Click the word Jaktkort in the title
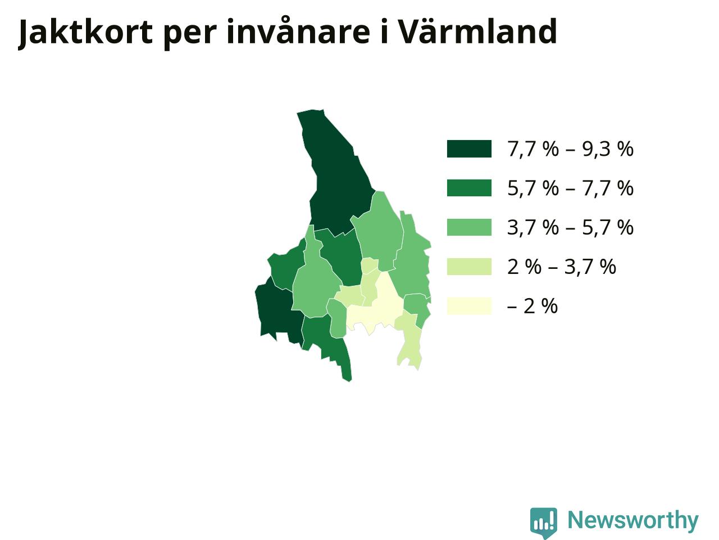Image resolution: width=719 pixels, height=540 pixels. (85, 33)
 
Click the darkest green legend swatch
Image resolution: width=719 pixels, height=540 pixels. (469, 149)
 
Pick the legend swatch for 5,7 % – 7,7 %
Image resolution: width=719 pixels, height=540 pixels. (469, 188)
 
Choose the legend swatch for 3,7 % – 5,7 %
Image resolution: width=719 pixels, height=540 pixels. (469, 227)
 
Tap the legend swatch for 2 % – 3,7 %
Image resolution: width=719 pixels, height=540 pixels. (469, 267)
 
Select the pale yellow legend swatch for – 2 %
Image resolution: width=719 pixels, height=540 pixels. (469, 306)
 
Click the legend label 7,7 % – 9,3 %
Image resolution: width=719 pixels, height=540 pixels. (570, 149)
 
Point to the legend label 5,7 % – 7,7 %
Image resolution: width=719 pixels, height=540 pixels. (570, 188)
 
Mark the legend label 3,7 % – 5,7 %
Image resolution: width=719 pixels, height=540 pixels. (570, 228)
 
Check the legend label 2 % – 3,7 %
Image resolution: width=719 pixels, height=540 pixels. (562, 267)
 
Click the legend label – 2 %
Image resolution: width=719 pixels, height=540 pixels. (533, 306)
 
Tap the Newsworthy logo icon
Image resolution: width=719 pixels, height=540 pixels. (543, 522)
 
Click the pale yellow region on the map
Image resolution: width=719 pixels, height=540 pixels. (377, 308)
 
